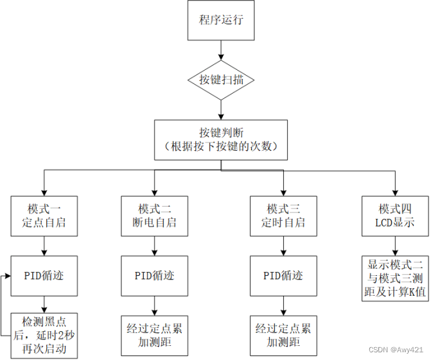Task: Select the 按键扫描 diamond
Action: (220, 80)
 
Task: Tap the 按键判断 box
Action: (220, 139)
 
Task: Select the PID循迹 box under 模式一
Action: (44, 275)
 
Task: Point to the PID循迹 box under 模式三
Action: (283, 275)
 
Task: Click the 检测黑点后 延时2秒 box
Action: (44, 334)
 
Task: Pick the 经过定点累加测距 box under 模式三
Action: (283, 335)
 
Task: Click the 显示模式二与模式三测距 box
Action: (394, 277)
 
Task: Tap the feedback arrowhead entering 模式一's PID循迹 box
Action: (7, 276)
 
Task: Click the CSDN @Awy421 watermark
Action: (396, 350)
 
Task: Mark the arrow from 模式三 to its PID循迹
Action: (283, 245)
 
